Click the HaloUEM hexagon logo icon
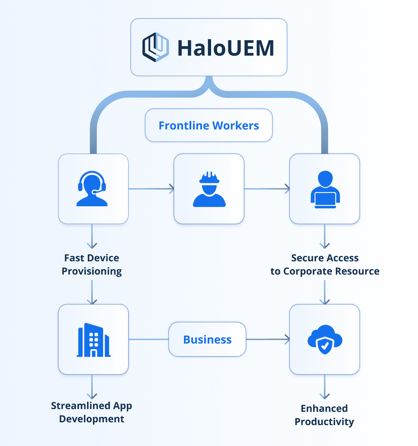(155, 47)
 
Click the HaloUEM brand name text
(226, 48)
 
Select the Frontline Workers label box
(209, 125)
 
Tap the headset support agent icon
(92, 189)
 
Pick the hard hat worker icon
(209, 189)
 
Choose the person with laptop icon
(325, 189)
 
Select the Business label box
(207, 339)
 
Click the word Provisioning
(92, 271)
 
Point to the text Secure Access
(325, 258)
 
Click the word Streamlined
(76, 406)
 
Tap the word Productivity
(324, 422)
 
